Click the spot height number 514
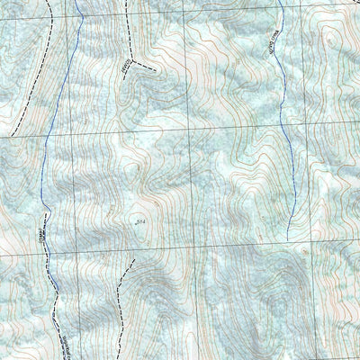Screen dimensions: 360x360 click(x=140, y=219)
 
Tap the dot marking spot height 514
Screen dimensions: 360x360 click(x=134, y=220)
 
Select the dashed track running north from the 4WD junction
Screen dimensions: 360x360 click(x=127, y=27)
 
